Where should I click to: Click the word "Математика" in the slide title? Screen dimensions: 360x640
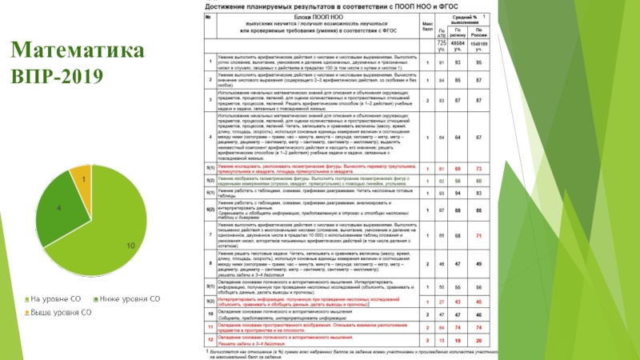pos(78,53)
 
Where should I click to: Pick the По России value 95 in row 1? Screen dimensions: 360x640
pos(478,62)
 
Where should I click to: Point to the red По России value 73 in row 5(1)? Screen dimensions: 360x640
pos(478,170)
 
